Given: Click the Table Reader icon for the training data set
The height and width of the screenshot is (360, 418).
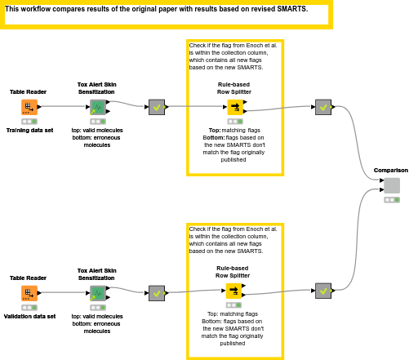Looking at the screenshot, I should [29, 107].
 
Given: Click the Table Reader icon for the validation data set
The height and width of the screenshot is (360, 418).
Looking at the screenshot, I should [29, 293].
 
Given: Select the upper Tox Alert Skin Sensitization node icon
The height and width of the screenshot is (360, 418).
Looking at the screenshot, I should [97, 107].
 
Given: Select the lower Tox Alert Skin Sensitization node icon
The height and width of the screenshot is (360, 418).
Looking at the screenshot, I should [97, 293].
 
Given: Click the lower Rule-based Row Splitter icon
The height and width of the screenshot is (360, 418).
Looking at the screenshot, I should [234, 291].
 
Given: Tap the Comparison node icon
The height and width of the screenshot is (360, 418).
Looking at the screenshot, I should [392, 185].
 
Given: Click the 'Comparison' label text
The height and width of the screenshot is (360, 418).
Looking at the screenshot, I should [391, 170].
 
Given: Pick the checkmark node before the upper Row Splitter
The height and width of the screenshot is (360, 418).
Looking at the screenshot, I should [157, 107].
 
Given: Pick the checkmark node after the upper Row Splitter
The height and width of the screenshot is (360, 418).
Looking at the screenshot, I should [323, 107].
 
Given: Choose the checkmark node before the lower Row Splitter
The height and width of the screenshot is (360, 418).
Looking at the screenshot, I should [157, 291].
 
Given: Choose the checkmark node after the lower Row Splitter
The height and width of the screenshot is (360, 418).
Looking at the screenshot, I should [323, 291].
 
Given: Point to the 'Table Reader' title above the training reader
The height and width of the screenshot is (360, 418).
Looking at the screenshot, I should [29, 91].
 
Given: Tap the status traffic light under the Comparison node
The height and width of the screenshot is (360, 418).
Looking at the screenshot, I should [392, 199].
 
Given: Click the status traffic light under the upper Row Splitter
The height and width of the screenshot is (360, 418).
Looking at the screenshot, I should [235, 121].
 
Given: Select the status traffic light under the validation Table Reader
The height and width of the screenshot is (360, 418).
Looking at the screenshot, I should [29, 308].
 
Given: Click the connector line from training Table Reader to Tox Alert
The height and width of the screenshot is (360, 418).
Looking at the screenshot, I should [63, 106].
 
